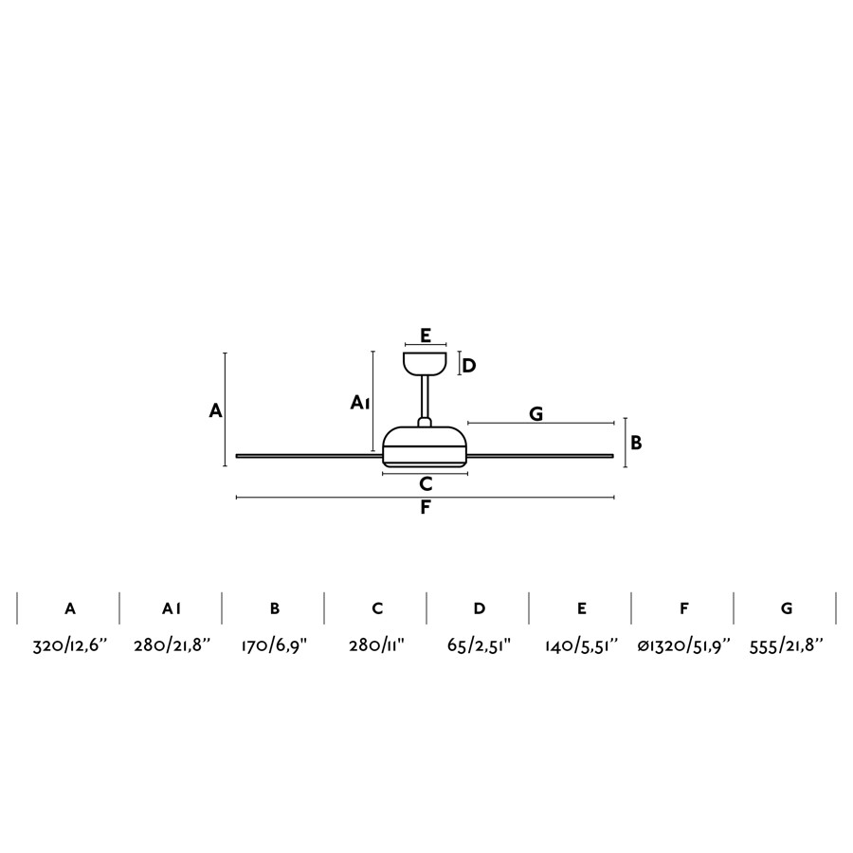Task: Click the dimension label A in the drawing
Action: click(x=215, y=410)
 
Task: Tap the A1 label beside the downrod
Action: click(x=360, y=403)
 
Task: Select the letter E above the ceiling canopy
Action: click(x=426, y=336)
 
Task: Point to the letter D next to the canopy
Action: click(x=469, y=366)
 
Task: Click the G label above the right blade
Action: click(x=535, y=414)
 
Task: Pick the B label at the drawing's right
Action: click(x=636, y=443)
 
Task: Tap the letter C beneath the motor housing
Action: click(x=426, y=483)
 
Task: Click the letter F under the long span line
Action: click(x=426, y=508)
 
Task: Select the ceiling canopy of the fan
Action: click(x=425, y=363)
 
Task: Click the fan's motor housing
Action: click(x=425, y=447)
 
